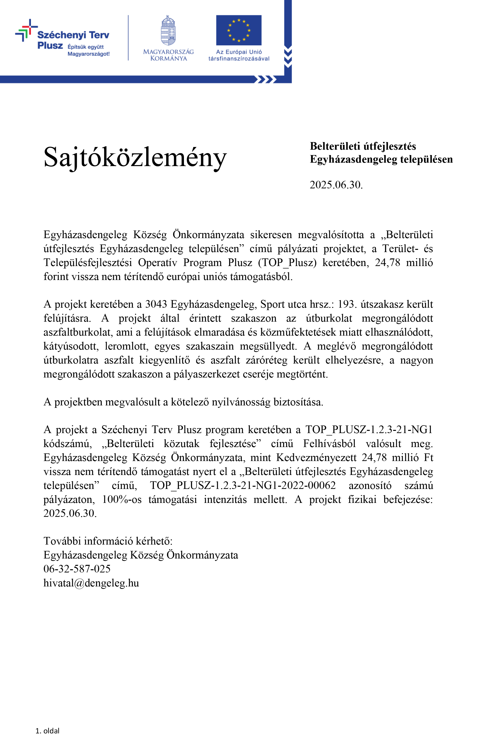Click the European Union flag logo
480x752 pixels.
click(239, 30)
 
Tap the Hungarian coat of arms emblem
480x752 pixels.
click(168, 31)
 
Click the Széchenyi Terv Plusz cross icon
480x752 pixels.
click(26, 30)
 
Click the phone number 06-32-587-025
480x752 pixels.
click(77, 569)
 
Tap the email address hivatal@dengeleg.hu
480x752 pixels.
click(91, 583)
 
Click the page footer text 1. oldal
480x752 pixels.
click(48, 731)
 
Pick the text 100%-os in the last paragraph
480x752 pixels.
click(122, 499)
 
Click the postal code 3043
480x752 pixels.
click(156, 304)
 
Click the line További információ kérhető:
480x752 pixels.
click(108, 541)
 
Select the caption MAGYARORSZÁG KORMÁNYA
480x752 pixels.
click(168, 55)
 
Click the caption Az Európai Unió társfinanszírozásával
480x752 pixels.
click(239, 55)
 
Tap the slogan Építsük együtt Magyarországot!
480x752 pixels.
click(89, 50)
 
